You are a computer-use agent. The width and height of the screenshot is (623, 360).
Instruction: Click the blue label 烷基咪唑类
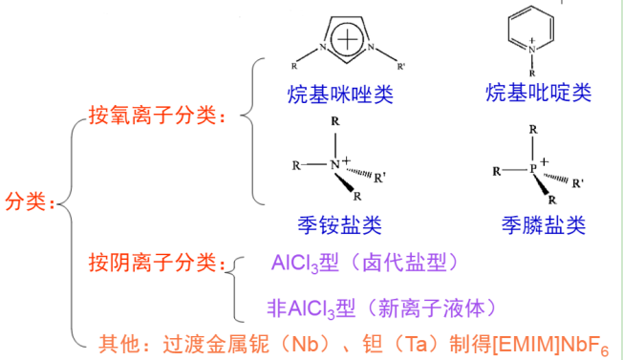click(x=340, y=94)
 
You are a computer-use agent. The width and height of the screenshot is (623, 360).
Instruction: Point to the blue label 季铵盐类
click(x=339, y=225)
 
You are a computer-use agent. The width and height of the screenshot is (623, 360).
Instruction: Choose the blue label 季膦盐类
click(x=542, y=225)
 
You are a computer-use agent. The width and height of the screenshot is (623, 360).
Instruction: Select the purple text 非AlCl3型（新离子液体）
click(x=382, y=307)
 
